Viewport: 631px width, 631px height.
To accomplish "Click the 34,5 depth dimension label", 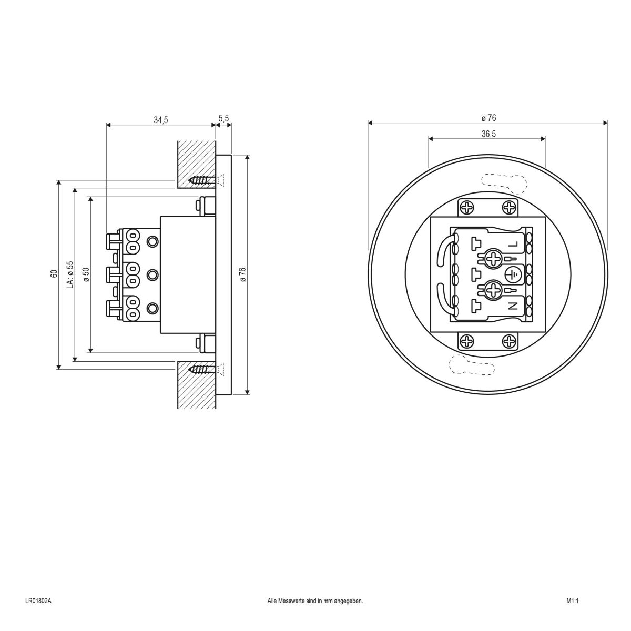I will click(x=160, y=120).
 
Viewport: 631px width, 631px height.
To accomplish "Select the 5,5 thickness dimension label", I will click(x=223, y=119).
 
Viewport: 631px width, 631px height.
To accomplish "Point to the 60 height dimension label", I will click(x=53, y=273).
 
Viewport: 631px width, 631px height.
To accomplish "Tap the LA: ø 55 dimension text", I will click(x=70, y=273).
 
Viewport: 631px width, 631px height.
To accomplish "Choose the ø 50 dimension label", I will click(x=86, y=273).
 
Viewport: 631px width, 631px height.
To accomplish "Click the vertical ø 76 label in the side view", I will click(x=242, y=274).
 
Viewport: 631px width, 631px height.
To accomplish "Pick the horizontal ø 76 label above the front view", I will click(x=488, y=118).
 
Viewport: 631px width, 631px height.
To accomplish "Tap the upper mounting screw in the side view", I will click(x=202, y=180).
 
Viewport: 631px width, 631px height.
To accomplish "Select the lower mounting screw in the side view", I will click(x=202, y=370).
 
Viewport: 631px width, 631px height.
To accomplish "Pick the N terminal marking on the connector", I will click(x=514, y=305).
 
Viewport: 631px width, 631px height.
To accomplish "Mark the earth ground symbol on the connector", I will click(x=514, y=274).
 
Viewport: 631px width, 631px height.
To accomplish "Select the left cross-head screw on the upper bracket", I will click(x=467, y=208).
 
